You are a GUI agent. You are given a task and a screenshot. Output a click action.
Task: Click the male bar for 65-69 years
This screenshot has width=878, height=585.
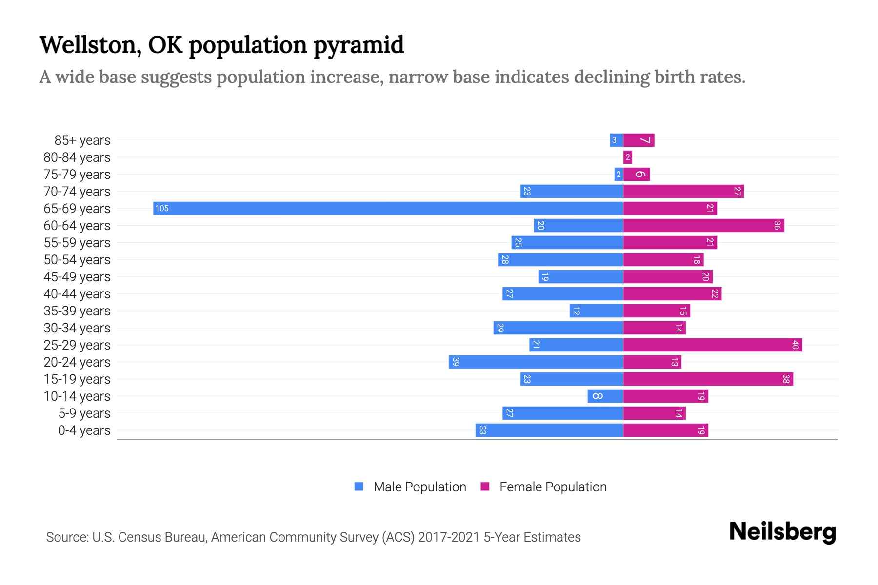[388, 209]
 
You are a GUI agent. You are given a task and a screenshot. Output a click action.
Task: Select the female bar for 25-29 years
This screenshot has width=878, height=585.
[712, 345]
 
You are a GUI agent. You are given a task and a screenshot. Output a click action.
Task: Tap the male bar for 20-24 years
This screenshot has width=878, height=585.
[536, 362]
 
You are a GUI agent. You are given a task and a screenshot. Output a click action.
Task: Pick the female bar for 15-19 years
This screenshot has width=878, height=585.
[708, 379]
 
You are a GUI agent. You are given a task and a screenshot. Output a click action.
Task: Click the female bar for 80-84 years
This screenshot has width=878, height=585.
[627, 157]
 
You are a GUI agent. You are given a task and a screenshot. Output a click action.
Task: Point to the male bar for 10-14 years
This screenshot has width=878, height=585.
[605, 396]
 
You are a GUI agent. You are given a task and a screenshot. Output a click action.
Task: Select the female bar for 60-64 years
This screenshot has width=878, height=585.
[703, 226]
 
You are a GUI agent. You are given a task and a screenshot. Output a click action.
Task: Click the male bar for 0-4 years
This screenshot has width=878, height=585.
[549, 430]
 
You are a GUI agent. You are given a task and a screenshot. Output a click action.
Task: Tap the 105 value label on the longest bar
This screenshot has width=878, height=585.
[162, 209]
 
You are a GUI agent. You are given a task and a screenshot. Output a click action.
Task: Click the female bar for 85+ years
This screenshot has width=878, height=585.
[639, 140]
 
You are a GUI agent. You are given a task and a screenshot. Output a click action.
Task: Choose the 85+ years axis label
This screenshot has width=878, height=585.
[82, 140]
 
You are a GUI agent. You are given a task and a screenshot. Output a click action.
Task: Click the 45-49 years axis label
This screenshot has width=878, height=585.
[77, 277]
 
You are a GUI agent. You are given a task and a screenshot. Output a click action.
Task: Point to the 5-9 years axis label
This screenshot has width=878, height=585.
[84, 413]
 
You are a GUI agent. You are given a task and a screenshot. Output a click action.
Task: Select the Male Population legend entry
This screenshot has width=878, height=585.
[419, 487]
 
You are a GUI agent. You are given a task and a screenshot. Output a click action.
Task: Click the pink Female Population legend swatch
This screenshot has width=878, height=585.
[485, 487]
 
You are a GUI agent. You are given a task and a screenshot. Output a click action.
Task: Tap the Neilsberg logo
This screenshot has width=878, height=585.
[782, 532]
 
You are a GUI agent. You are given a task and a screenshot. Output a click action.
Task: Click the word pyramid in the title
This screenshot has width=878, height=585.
[359, 45]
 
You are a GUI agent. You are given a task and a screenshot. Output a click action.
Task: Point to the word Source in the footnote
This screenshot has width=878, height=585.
[67, 537]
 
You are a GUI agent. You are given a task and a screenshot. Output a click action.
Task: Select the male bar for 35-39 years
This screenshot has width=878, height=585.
[596, 311]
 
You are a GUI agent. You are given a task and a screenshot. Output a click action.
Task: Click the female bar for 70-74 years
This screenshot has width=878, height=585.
[683, 192]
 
